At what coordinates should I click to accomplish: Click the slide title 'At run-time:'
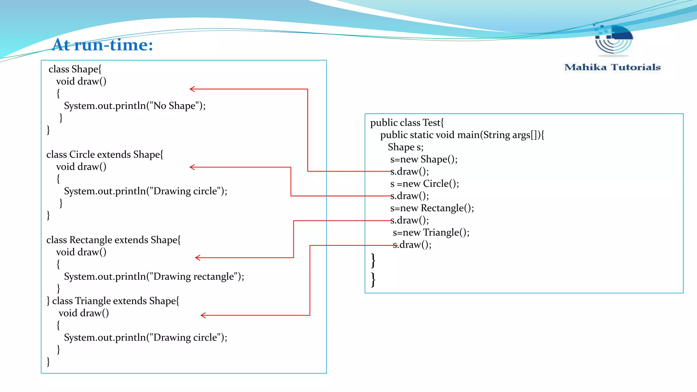(x=103, y=45)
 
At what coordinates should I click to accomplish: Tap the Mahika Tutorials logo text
(x=612, y=67)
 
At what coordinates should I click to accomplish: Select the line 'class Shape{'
(x=75, y=69)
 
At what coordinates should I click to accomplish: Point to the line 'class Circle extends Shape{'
(x=105, y=154)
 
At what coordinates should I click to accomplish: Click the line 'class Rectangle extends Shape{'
(x=113, y=240)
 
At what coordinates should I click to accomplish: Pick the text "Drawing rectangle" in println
(x=194, y=277)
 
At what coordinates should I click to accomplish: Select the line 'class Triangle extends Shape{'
(x=116, y=301)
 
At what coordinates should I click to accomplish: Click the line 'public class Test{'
(x=407, y=122)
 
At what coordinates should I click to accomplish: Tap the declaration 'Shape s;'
(x=405, y=147)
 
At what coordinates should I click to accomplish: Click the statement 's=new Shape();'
(x=424, y=159)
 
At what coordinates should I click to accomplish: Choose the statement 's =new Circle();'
(x=424, y=184)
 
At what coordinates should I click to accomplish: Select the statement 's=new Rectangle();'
(x=432, y=208)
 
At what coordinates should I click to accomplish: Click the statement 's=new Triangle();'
(x=431, y=232)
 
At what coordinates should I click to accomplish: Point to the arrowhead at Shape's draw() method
(x=192, y=89)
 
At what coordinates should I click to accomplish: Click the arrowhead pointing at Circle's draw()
(x=192, y=167)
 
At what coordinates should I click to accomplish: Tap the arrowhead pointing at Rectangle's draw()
(x=198, y=258)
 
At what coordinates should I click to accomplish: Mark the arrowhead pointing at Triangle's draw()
(x=203, y=315)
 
